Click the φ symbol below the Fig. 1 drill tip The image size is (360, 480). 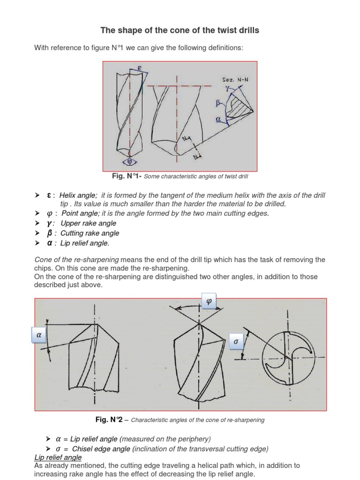tap(130, 162)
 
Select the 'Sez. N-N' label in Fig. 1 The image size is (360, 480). tap(236, 80)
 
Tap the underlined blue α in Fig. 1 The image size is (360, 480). tap(218, 120)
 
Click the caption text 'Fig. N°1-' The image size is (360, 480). tap(125, 176)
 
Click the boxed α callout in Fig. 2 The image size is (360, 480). tap(39, 336)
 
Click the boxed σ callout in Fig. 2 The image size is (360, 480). tap(236, 342)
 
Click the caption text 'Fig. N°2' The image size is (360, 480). tap(110, 420)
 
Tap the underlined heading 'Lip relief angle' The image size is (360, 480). tap(58, 457)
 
